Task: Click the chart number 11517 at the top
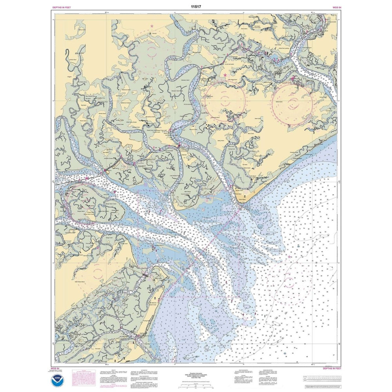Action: (196, 7)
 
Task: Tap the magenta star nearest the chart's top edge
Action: (152, 26)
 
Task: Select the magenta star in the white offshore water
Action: (290, 256)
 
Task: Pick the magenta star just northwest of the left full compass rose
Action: (225, 74)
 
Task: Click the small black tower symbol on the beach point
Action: (246, 195)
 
